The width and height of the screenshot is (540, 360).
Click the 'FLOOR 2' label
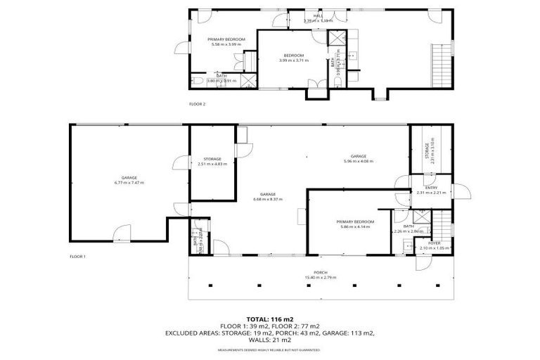tap(197, 103)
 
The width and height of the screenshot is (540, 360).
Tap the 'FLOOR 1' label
tap(77, 257)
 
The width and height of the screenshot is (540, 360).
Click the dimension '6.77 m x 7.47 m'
tap(129, 182)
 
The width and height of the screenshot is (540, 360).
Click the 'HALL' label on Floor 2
tap(318, 16)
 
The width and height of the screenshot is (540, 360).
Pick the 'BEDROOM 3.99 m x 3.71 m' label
tap(293, 58)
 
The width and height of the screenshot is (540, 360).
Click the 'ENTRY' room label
tap(431, 188)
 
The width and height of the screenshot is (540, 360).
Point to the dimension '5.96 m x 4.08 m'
tap(359, 161)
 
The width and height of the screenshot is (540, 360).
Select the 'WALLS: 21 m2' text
tap(269, 340)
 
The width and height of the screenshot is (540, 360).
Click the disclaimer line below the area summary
tap(269, 349)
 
